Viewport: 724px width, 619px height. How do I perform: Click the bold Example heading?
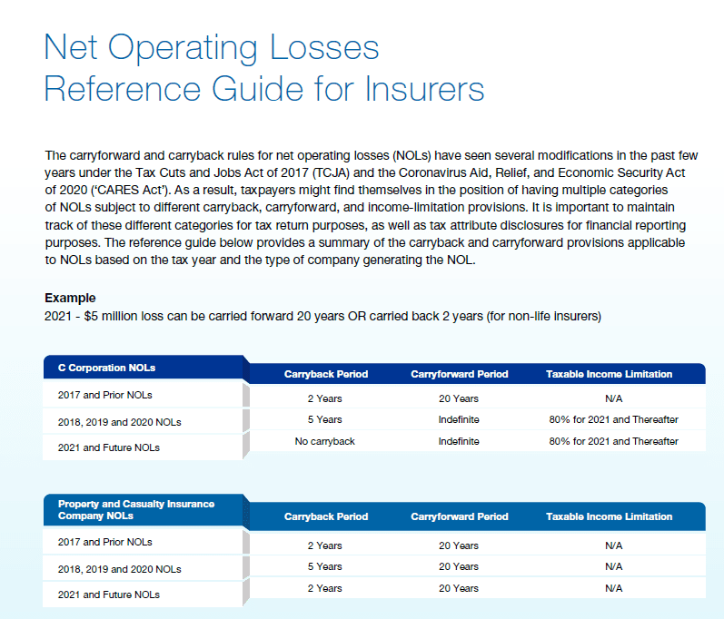tap(70, 298)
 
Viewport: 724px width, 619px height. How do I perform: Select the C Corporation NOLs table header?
tap(106, 368)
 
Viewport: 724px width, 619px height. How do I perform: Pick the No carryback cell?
tap(324, 441)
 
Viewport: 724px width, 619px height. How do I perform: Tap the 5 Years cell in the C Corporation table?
tap(324, 419)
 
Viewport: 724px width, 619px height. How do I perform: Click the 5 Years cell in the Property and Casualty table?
tap(324, 566)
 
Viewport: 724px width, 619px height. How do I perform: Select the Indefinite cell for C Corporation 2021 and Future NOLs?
tap(459, 441)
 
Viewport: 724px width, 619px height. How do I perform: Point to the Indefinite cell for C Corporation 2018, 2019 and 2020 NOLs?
tap(459, 419)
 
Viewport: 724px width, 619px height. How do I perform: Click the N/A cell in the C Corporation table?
tap(613, 398)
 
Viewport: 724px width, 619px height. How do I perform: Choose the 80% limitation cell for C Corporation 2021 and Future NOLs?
tap(613, 441)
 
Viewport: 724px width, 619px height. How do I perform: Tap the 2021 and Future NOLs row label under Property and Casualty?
tap(109, 594)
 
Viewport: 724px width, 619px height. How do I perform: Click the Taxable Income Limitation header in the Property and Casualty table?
tap(610, 516)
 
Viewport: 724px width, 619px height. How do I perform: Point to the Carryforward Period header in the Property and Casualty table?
tap(460, 516)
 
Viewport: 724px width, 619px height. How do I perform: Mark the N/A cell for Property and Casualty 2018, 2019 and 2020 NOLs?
tap(613, 566)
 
